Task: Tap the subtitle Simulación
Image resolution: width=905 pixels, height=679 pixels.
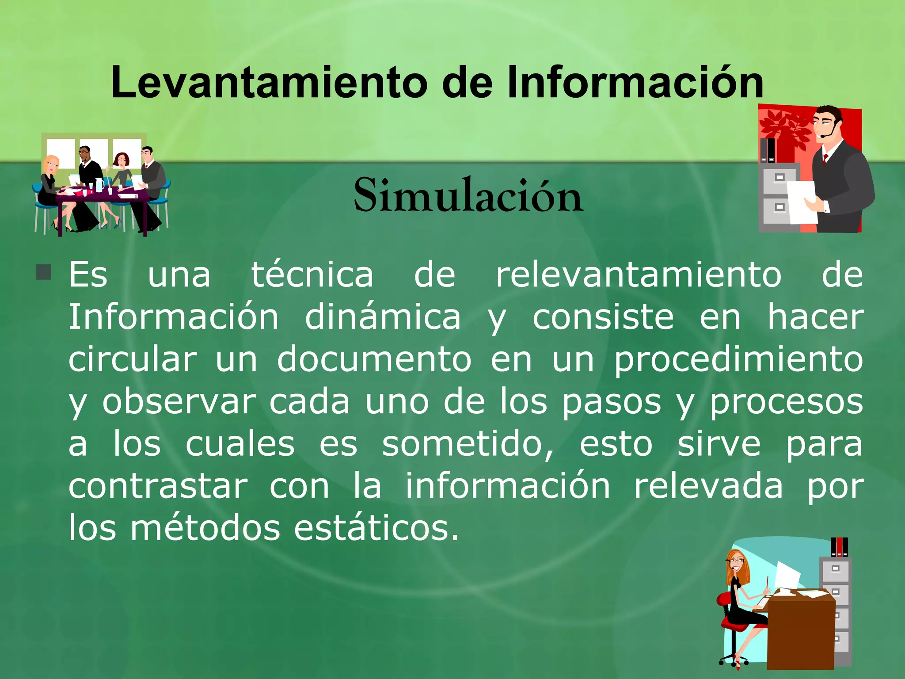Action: pyautogui.click(x=468, y=196)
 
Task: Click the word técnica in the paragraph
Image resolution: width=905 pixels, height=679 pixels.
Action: pyautogui.click(x=312, y=275)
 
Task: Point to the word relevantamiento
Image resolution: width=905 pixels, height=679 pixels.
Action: pyautogui.click(x=639, y=275)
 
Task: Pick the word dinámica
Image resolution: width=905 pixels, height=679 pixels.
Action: pyautogui.click(x=383, y=317)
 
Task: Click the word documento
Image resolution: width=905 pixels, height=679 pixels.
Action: pyautogui.click(x=374, y=359)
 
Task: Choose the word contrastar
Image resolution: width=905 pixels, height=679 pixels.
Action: pyautogui.click(x=158, y=487)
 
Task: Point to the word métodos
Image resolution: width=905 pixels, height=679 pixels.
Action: pyautogui.click(x=205, y=528)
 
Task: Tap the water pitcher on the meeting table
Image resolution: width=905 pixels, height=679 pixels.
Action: pyautogui.click(x=99, y=184)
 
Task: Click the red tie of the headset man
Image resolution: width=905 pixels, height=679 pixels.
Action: pyautogui.click(x=825, y=159)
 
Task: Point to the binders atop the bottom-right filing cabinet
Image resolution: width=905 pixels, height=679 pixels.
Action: pyautogui.click(x=839, y=547)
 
